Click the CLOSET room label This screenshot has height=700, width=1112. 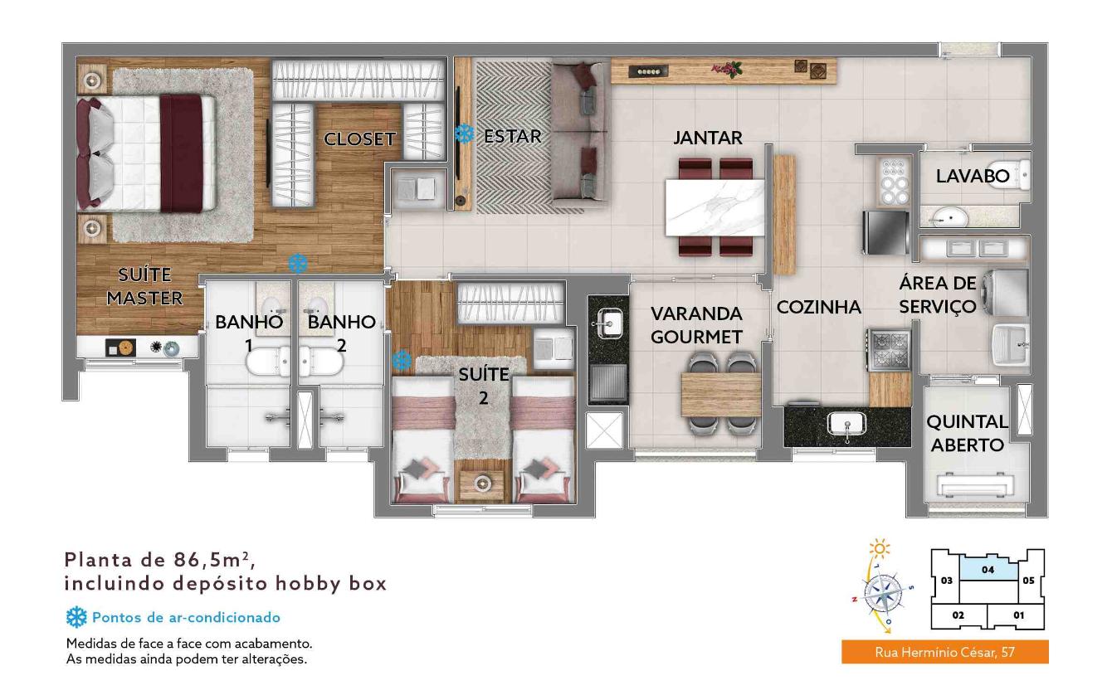pos(359,139)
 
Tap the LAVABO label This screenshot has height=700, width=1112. pos(973,176)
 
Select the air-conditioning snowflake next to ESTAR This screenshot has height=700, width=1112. pos(464,134)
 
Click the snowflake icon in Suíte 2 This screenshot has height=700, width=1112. pos(402,361)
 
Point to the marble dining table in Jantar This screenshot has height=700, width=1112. pos(715,207)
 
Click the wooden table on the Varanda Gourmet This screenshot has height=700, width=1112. pos(721,395)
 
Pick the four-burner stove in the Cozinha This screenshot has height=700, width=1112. pos(890,350)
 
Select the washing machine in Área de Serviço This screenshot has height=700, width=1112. pos(1009,293)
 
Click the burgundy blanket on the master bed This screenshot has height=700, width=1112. pos(181,153)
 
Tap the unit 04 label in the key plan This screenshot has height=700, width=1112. pos(988,570)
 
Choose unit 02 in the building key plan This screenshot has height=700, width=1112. pos(958,615)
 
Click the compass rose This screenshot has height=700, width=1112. pos(883,592)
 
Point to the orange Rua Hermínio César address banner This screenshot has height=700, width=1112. pos(944,651)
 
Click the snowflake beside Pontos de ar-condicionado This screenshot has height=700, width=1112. pos(76,617)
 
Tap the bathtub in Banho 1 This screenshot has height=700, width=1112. pos(268,361)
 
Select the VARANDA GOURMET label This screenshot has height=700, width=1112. pos(696,325)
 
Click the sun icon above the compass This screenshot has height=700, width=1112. pos(880,548)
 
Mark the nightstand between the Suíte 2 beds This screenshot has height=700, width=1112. pos(481,482)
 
